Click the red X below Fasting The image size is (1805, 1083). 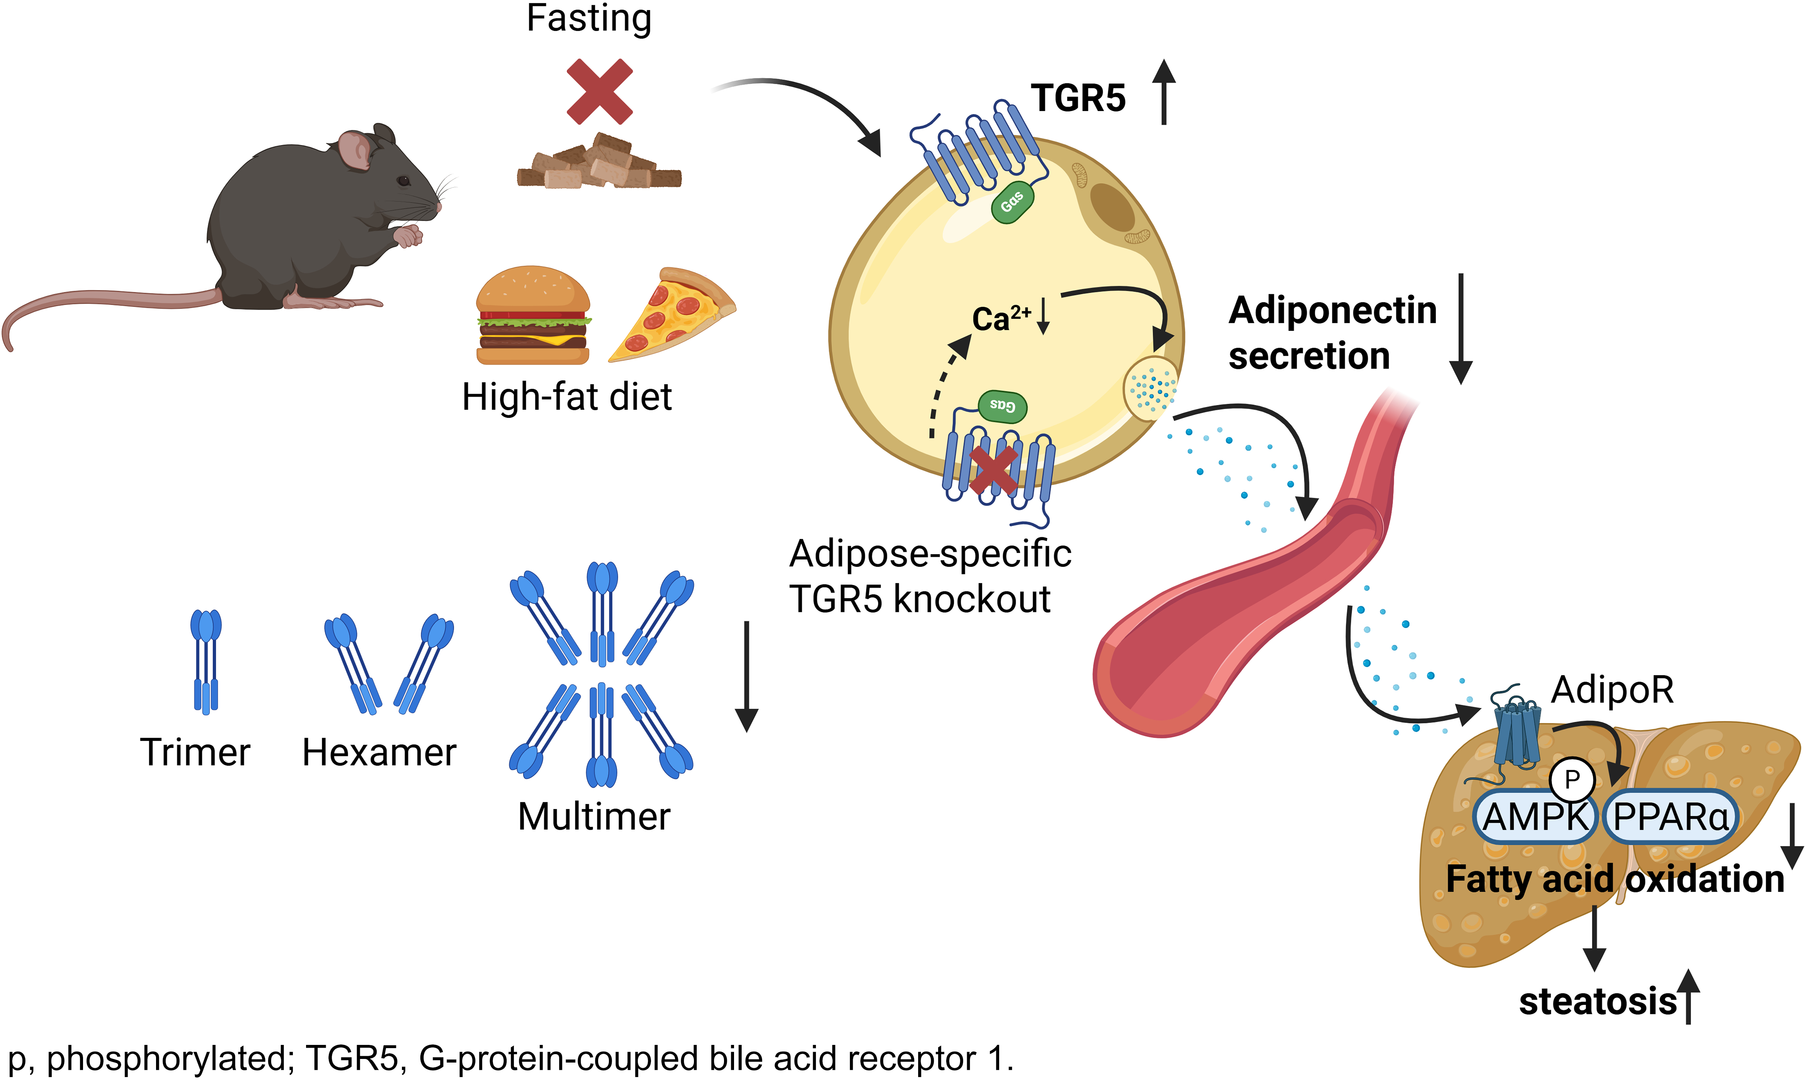599,92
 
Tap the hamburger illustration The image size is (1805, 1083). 533,315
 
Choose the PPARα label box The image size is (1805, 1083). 1670,817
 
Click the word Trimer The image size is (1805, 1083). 195,753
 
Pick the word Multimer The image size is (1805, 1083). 593,817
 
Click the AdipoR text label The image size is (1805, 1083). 1612,690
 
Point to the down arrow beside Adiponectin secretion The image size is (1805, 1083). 1460,328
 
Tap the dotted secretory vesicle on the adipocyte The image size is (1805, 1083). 1152,388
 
